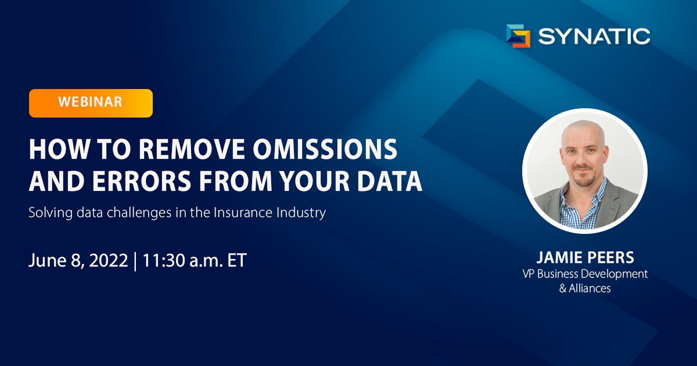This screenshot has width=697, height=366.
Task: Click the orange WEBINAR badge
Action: [91, 103]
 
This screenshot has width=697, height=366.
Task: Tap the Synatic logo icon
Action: [518, 36]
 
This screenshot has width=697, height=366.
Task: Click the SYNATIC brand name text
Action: [594, 37]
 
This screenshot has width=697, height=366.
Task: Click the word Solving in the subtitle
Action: [47, 212]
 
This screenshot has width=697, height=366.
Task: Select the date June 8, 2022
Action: [78, 260]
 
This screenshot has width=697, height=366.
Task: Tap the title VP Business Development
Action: [585, 274]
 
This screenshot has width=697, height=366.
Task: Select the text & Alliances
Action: [585, 288]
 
